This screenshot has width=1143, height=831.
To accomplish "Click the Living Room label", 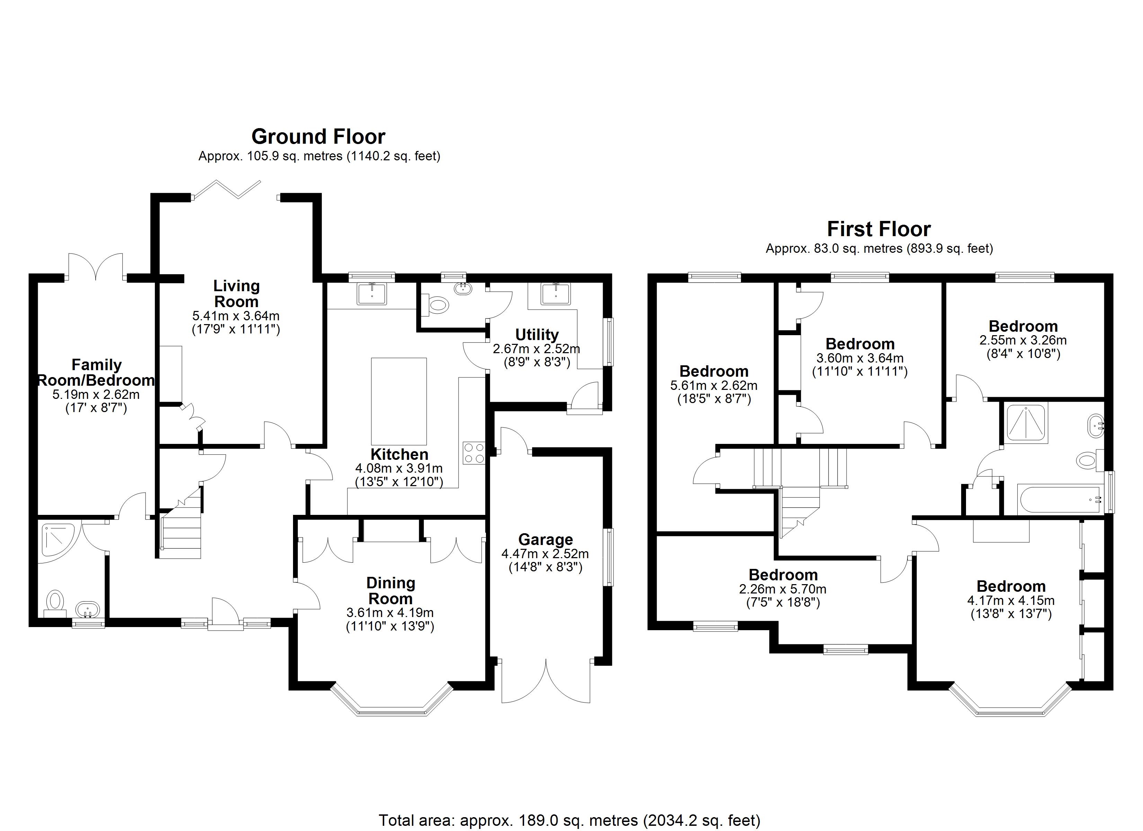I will coord(236,293).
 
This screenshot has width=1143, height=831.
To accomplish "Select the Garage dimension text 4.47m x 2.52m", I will coord(545,554).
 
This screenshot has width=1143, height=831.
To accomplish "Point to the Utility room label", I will coord(537,334).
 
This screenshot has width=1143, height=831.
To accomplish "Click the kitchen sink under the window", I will coord(372,294).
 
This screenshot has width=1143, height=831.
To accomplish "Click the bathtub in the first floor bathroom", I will coord(1058,499).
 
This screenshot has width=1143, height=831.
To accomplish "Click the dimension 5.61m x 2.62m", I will coord(714,386).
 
